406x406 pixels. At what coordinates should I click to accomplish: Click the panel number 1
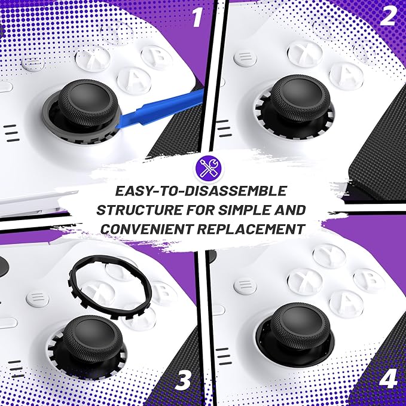197,17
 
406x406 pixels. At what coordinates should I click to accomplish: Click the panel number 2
387,16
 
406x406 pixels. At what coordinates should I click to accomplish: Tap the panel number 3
183,380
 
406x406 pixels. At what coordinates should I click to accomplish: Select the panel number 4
388,378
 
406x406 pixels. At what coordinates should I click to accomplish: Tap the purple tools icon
209,169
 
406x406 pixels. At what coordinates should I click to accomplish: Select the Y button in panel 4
329,255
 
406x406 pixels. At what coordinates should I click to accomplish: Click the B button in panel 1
157,56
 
